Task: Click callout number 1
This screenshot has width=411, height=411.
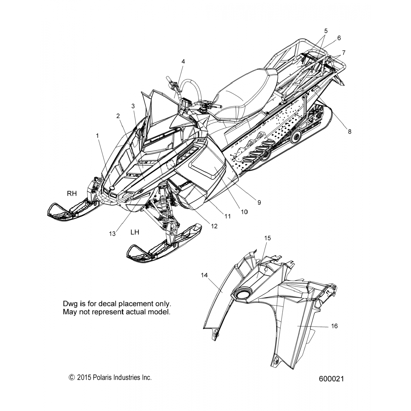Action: [x=97, y=135]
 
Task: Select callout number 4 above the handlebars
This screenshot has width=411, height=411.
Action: [x=183, y=61]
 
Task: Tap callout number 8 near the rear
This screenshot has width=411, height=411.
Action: [x=350, y=132]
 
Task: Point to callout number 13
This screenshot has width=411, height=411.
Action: [x=112, y=233]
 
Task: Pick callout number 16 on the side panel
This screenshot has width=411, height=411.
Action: [x=334, y=326]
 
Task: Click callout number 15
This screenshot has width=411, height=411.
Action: [x=267, y=238]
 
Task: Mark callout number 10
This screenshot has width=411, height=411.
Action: [x=244, y=212]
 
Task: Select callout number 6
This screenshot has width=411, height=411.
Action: [x=339, y=38]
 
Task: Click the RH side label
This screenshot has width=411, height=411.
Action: [x=72, y=194]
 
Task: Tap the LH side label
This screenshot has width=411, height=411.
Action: [x=135, y=232]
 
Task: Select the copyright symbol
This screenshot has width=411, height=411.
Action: [x=72, y=378]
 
